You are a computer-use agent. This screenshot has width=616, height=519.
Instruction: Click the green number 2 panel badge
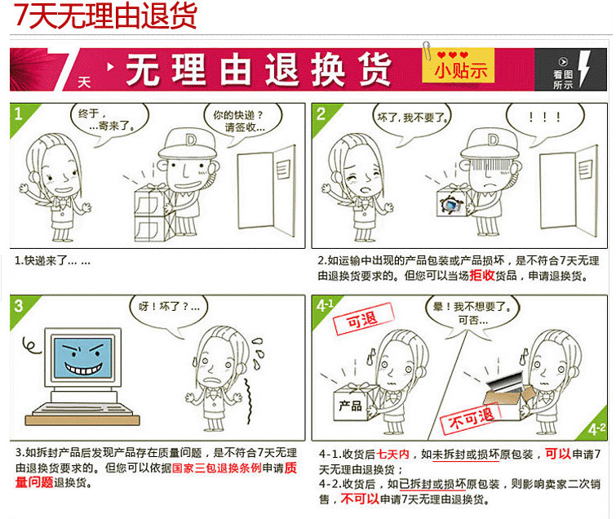(x=321, y=114)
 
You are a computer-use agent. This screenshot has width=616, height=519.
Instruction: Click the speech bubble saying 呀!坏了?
(x=164, y=310)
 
